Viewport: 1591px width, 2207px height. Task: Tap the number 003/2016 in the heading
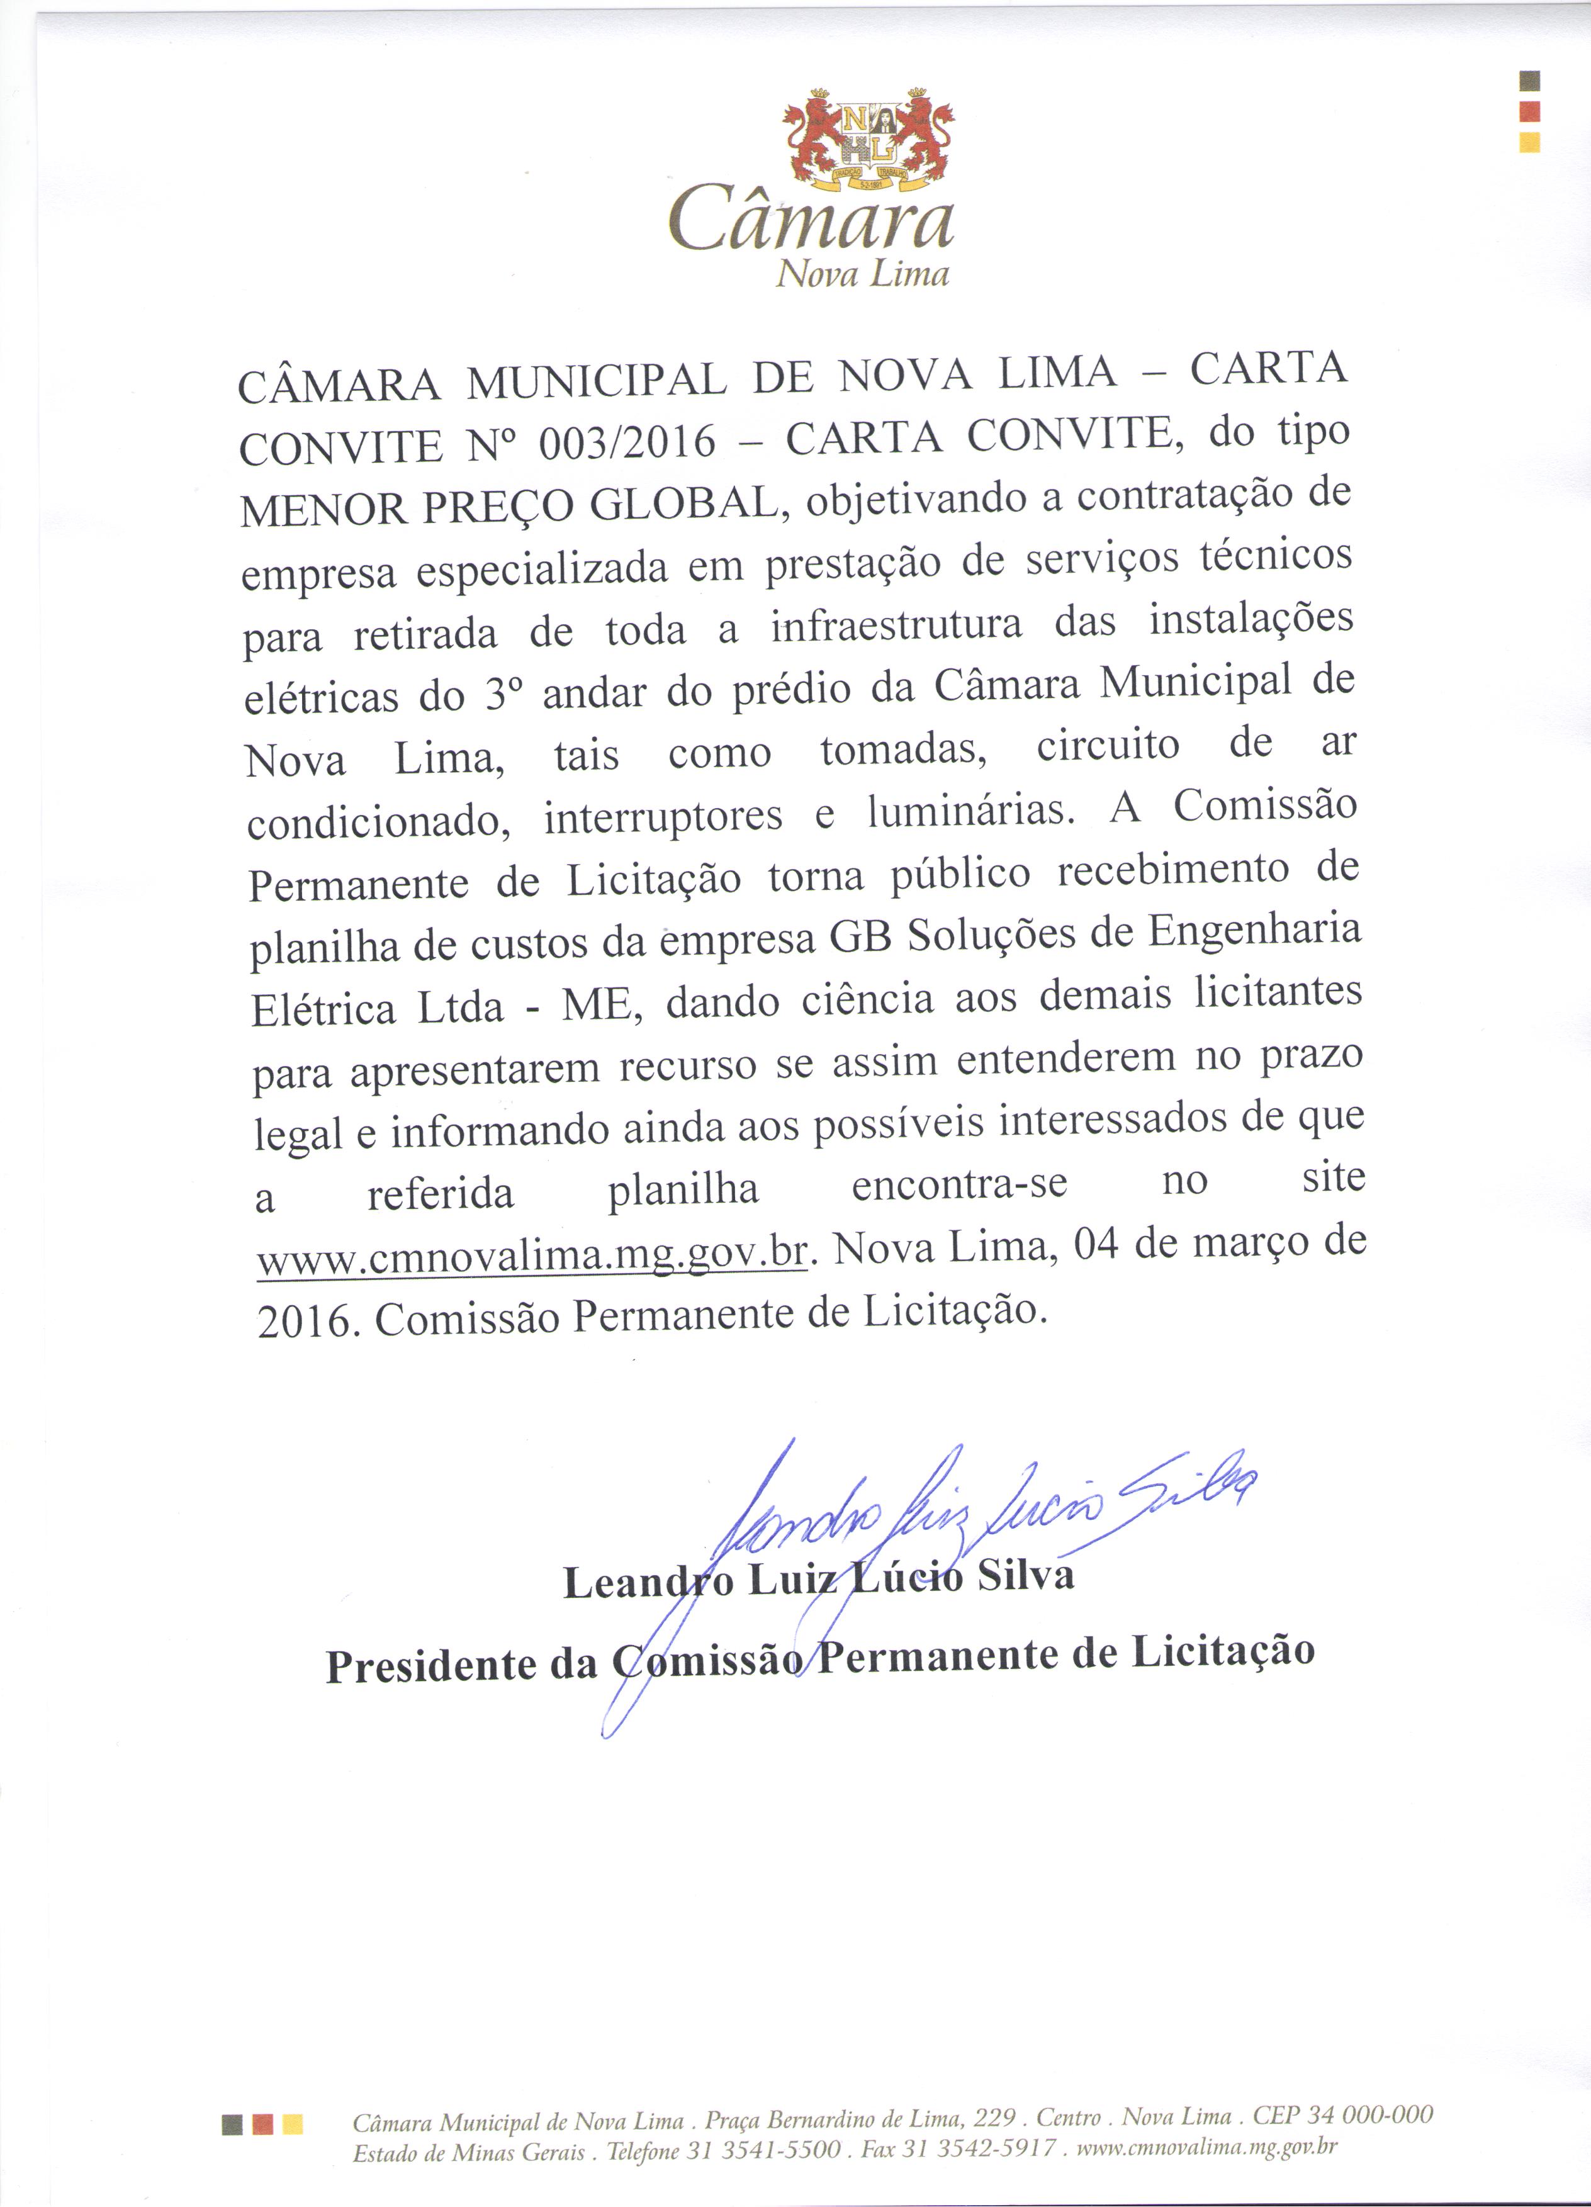pos(627,444)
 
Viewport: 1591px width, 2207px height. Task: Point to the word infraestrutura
pos(896,626)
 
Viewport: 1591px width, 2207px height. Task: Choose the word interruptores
pos(663,816)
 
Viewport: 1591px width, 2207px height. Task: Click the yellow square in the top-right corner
pos(1530,142)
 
